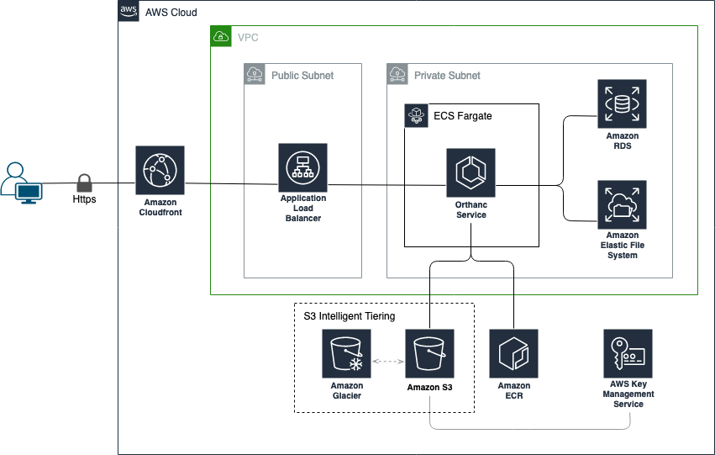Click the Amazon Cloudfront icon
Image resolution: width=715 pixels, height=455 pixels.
(160, 170)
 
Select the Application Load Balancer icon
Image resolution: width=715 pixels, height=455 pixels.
(302, 167)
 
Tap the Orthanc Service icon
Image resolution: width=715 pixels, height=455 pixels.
(471, 172)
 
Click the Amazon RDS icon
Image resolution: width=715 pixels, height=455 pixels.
(622, 103)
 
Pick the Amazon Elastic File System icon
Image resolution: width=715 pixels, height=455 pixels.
(622, 204)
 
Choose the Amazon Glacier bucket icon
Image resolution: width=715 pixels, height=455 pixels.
(346, 354)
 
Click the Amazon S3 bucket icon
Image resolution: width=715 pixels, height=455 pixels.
(429, 354)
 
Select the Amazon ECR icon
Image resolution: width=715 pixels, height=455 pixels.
(514, 354)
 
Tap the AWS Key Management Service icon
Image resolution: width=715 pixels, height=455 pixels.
(628, 354)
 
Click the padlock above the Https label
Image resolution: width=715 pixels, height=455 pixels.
(84, 183)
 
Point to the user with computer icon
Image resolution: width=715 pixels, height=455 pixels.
(22, 183)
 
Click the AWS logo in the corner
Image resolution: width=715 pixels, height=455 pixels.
(129, 10)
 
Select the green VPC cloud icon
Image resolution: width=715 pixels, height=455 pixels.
(221, 36)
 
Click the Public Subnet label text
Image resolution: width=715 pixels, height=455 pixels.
(302, 76)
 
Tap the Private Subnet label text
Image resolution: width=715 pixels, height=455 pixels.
(447, 76)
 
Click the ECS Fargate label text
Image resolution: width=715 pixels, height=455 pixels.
(462, 116)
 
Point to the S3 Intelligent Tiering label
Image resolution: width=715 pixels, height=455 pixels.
(350, 315)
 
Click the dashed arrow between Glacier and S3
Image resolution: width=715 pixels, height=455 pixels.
(388, 362)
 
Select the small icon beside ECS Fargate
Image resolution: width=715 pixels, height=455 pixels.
(417, 115)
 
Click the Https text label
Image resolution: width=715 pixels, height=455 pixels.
(84, 199)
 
